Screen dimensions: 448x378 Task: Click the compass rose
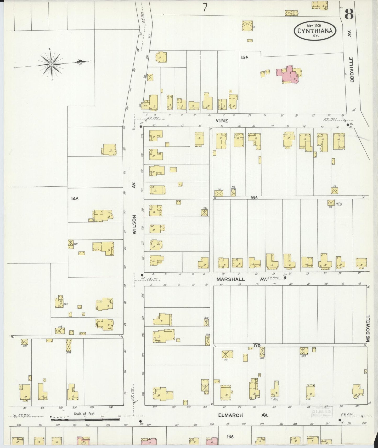click(51, 64)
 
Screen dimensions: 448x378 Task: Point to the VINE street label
click(222, 121)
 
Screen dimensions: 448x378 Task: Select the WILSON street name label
click(134, 224)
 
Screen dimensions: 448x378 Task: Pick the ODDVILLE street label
click(352, 70)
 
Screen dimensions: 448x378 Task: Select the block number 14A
click(75, 199)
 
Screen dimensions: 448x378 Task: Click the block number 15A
click(245, 57)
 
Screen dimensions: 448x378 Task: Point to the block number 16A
click(254, 198)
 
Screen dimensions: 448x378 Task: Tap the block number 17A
click(257, 345)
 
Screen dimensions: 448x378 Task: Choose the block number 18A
click(230, 436)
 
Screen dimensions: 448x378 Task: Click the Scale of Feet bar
click(85, 420)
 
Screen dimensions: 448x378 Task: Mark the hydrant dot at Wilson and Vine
click(141, 127)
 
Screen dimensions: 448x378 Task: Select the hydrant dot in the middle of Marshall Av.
click(285, 278)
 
